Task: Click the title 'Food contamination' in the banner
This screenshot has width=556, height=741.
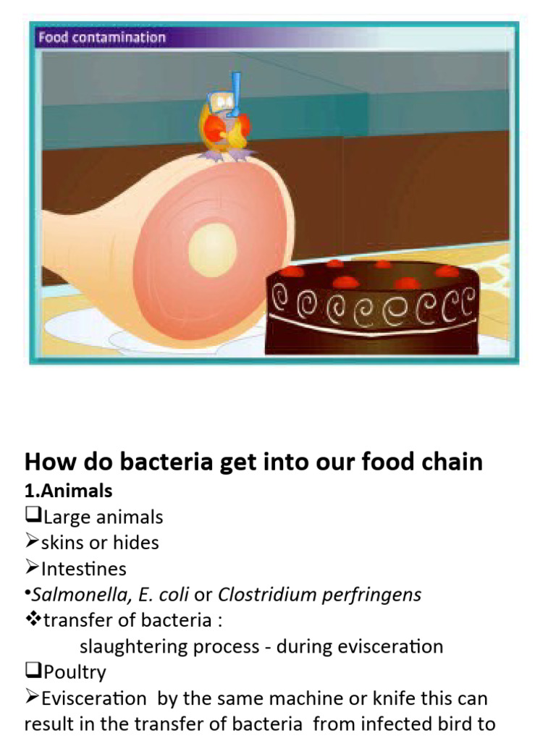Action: tap(102, 38)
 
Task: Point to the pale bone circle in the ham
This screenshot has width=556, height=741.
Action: tap(212, 250)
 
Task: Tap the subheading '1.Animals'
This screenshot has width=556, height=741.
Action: tap(69, 491)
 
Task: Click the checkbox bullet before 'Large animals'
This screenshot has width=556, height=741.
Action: tap(33, 517)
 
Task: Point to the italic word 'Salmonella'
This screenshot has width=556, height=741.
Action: tap(73, 595)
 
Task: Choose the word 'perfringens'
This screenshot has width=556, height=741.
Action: tap(375, 595)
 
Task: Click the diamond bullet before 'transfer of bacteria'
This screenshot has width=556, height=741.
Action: tap(33, 620)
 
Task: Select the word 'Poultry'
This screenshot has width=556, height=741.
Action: tap(74, 672)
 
